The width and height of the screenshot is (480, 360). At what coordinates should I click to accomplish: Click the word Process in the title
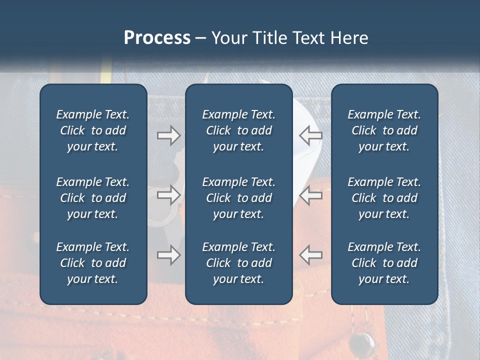(x=157, y=38)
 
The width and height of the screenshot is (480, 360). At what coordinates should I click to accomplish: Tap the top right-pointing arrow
(x=168, y=135)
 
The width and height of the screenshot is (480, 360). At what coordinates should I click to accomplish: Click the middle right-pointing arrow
(x=168, y=195)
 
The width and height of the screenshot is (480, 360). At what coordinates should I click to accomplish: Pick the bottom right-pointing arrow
(x=168, y=255)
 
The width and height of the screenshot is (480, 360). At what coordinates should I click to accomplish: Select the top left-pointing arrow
(x=310, y=135)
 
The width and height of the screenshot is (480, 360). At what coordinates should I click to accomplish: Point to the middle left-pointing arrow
(x=310, y=195)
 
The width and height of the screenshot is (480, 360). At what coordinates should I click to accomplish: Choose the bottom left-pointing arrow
(x=310, y=255)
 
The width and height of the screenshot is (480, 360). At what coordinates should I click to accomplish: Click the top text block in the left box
(x=93, y=130)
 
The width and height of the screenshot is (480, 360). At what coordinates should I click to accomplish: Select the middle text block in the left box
(x=93, y=198)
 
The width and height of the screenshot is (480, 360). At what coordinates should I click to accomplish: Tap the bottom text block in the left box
(x=93, y=263)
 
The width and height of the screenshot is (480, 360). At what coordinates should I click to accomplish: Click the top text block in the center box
(x=238, y=130)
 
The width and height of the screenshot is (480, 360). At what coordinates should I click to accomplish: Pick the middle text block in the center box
(x=238, y=198)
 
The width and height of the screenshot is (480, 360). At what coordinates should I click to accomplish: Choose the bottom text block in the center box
(x=238, y=263)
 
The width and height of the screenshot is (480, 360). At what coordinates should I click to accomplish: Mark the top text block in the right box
(x=384, y=130)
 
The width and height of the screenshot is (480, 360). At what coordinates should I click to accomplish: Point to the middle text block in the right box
(x=384, y=198)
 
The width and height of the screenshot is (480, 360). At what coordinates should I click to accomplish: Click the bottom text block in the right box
(x=384, y=263)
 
